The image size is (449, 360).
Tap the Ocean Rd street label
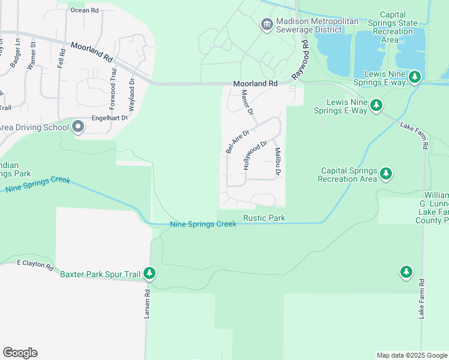(x=84, y=10)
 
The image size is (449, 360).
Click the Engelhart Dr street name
(x=110, y=118)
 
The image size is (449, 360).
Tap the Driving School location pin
(x=77, y=127)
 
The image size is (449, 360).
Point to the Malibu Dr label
(x=278, y=162)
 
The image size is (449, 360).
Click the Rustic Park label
(x=264, y=218)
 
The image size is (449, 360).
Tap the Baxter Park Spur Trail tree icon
(x=149, y=274)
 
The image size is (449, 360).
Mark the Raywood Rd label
(x=300, y=60)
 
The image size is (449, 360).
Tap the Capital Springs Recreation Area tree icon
(x=387, y=175)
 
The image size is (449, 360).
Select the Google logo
(x=20, y=353)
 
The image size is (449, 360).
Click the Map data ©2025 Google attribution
(x=411, y=355)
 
